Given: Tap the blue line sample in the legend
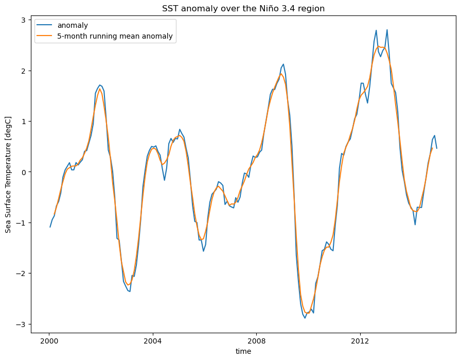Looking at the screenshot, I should coord(45,26).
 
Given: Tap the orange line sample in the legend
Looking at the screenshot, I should coord(45,36).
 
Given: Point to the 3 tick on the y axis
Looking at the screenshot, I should coord(23,20).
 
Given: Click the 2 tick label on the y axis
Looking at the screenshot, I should coord(23,71).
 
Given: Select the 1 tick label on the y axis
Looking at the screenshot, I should coord(23,121).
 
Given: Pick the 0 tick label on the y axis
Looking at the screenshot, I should coord(23,172).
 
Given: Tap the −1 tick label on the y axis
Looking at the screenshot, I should coord(21,222).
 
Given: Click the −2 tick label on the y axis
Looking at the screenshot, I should coord(21,273).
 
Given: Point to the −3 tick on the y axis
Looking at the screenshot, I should coord(21,324).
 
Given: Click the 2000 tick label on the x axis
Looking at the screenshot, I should coord(49,341).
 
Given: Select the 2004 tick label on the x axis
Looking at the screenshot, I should coord(153,341).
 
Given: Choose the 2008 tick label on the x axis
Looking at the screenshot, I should coord(256,341).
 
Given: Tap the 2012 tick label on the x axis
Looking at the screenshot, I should coord(360,341).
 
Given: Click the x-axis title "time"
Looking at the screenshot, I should coord(243,351).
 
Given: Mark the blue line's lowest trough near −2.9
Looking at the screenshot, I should coord(305,318).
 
